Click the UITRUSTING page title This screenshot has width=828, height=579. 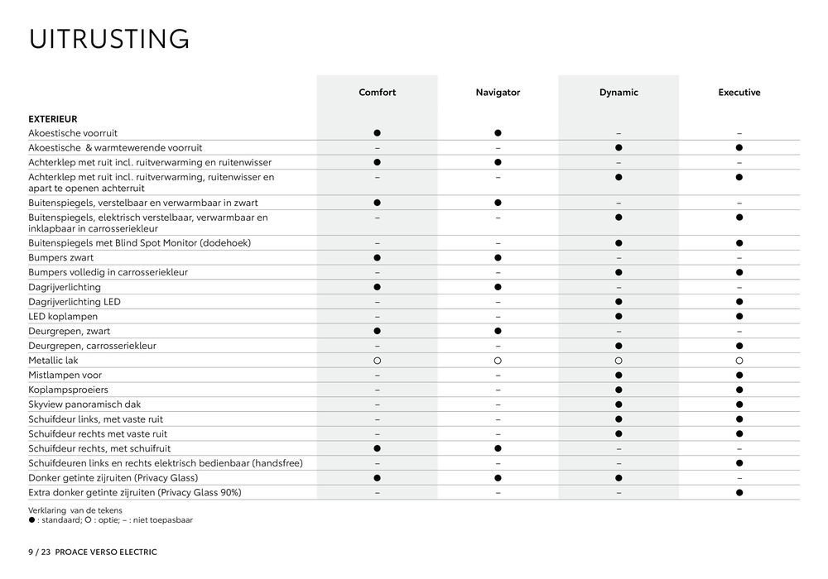coord(109,39)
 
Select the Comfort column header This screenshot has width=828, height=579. coord(377,93)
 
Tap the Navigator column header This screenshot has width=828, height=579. coord(498,93)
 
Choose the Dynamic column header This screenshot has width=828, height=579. coord(619,93)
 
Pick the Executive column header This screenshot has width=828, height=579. coord(739,93)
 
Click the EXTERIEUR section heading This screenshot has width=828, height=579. coord(52,118)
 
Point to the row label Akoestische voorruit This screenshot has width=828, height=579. coord(73,132)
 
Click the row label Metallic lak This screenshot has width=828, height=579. coord(53,361)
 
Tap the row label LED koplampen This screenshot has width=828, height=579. coord(63,317)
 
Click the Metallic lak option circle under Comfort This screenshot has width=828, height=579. coord(377,361)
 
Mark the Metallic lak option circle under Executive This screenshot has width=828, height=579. coord(739,361)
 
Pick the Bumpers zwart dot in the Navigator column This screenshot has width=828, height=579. coord(498,258)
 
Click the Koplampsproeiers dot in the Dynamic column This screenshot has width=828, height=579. coord(619,390)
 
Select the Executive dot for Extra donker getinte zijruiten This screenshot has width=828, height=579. coord(739,493)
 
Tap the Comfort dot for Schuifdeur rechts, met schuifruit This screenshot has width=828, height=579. coord(377,448)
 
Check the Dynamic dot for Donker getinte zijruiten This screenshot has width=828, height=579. coord(619,478)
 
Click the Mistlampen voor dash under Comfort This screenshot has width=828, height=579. coord(377,376)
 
